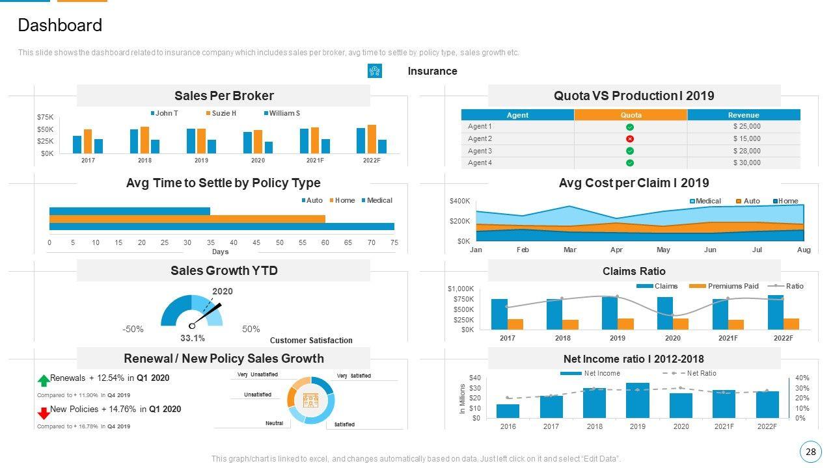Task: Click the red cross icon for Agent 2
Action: (630, 139)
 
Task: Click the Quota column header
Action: (631, 115)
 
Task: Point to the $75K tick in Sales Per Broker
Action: (46, 117)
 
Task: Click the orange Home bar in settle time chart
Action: (187, 219)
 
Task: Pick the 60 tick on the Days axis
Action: (325, 242)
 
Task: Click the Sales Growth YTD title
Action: (224, 270)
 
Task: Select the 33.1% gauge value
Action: (193, 338)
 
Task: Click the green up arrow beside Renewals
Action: (44, 380)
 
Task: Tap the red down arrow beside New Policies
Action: (44, 413)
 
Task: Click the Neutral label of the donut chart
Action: (274, 424)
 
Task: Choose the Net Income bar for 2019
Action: (638, 400)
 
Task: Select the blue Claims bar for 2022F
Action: (776, 313)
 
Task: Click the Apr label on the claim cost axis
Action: (616, 250)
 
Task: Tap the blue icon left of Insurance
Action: (375, 71)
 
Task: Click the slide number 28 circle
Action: (810, 452)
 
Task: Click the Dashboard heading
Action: (60, 25)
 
